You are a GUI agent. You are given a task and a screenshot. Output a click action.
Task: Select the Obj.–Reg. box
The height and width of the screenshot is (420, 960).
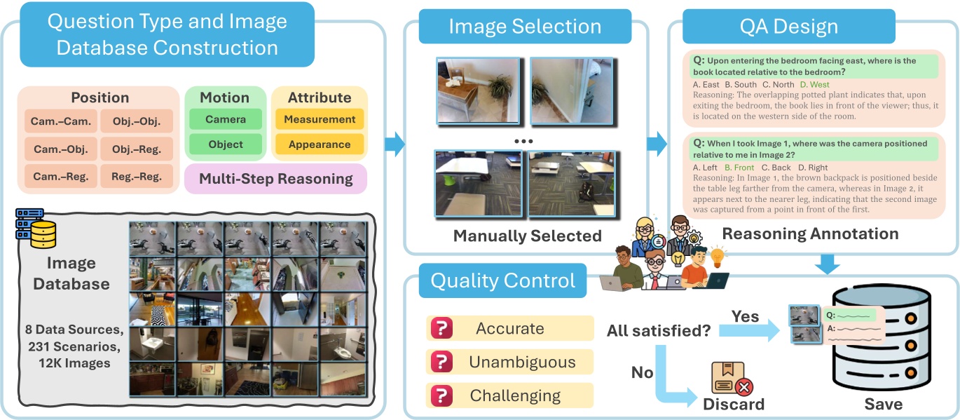point(136,149)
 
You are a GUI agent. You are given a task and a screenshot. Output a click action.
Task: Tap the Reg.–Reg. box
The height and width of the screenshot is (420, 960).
point(136,176)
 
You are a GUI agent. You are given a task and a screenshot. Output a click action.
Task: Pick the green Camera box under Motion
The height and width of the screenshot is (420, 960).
point(225,119)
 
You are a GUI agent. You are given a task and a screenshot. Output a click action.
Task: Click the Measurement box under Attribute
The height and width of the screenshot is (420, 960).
point(320,119)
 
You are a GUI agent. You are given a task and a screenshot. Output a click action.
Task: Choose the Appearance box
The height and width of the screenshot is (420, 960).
point(320,144)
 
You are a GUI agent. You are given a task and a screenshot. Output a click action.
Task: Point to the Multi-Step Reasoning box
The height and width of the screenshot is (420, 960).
point(275,179)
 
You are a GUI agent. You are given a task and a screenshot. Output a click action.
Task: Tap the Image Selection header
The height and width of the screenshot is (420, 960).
point(525,27)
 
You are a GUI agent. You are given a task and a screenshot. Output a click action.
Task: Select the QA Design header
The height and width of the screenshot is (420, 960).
point(788,27)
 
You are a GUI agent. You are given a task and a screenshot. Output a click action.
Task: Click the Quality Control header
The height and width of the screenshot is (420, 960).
point(502,281)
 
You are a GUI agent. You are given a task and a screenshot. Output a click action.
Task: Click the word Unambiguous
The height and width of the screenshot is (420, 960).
point(522,362)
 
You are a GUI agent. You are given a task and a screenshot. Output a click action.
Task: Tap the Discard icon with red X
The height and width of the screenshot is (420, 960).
point(732,379)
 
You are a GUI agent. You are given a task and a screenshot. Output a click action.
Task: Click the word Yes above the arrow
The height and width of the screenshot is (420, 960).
point(745,317)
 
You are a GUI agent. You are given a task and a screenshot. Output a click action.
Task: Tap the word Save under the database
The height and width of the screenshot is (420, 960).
point(882,404)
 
